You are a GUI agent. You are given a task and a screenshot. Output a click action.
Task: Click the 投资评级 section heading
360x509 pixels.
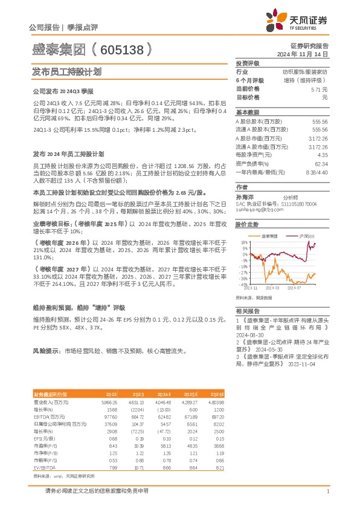(248, 63)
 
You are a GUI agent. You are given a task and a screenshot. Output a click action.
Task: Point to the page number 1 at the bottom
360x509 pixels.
(327, 491)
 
